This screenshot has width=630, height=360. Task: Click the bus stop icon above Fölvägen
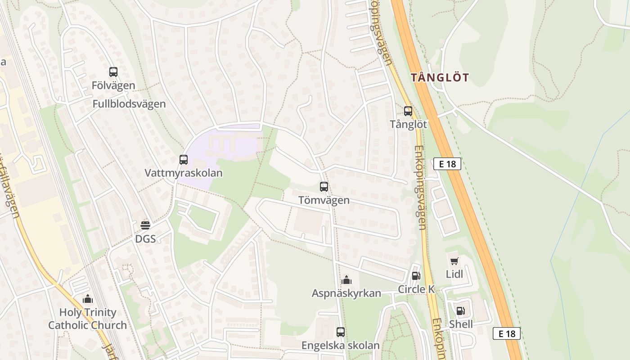[x=113, y=72]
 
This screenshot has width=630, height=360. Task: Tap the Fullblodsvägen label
[x=129, y=104]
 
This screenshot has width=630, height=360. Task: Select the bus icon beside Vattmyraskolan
[x=184, y=159]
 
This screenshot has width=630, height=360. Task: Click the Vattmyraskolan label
[x=184, y=173]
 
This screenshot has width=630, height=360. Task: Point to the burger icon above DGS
[x=145, y=225]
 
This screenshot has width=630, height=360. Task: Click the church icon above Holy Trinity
[x=88, y=299]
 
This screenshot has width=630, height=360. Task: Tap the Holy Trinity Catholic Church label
[x=88, y=319]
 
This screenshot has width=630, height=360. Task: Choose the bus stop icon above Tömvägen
[x=324, y=187]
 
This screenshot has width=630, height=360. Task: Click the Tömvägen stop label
[x=324, y=200]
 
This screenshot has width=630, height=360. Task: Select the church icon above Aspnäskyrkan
[x=346, y=280]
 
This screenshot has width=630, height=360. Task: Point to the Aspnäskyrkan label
[x=346, y=293]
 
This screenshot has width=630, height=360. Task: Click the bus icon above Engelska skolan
[x=341, y=332]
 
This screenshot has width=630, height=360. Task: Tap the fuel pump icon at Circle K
[x=416, y=275]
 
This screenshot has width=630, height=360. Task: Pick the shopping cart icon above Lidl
[x=454, y=261]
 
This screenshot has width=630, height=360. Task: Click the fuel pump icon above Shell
[x=460, y=310]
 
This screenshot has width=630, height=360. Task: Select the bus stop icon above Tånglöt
[x=408, y=111]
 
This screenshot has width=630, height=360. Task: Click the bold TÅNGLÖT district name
[x=440, y=77]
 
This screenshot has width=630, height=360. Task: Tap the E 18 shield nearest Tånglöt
[x=447, y=164]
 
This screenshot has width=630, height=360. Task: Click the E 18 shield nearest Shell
[x=507, y=333]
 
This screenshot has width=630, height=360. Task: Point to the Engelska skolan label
[x=341, y=346]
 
